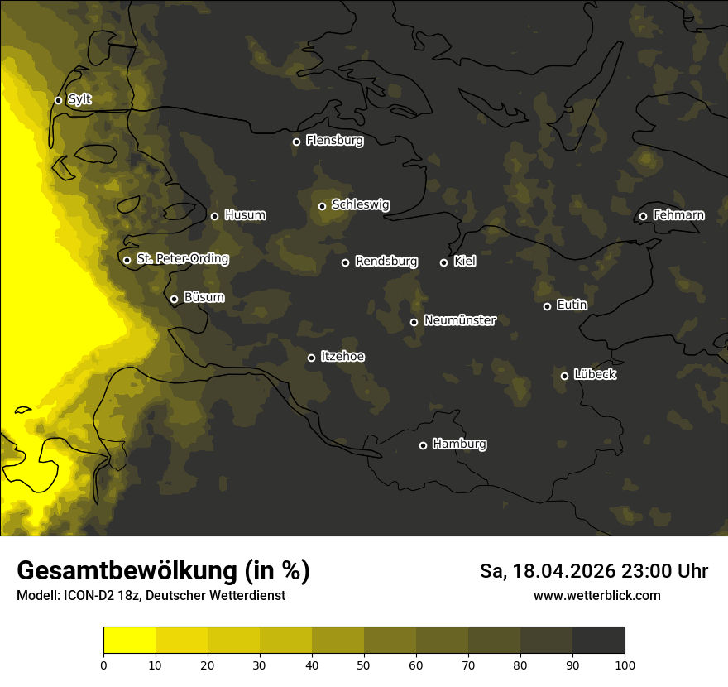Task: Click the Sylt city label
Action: [x=79, y=99]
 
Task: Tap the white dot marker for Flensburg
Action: [x=296, y=142]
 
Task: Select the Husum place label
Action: [x=245, y=215]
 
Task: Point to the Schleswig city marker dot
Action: [x=322, y=206]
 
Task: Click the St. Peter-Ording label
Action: [x=182, y=259]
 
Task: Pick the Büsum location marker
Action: [x=174, y=300]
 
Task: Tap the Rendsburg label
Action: [x=386, y=262]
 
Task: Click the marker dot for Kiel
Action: [x=443, y=262]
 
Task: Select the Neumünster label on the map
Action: [x=460, y=320]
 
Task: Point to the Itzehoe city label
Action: [x=342, y=357]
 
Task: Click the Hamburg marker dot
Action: [x=423, y=445]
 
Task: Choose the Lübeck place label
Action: [x=595, y=375]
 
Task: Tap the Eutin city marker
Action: [x=547, y=306]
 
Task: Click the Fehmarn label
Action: [x=678, y=215]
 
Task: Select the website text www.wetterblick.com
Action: [x=596, y=596]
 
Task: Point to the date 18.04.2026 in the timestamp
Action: [x=563, y=571]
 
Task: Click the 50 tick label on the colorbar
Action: [x=364, y=665]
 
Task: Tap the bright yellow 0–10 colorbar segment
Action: [x=129, y=641]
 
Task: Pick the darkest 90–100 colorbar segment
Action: [x=598, y=641]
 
